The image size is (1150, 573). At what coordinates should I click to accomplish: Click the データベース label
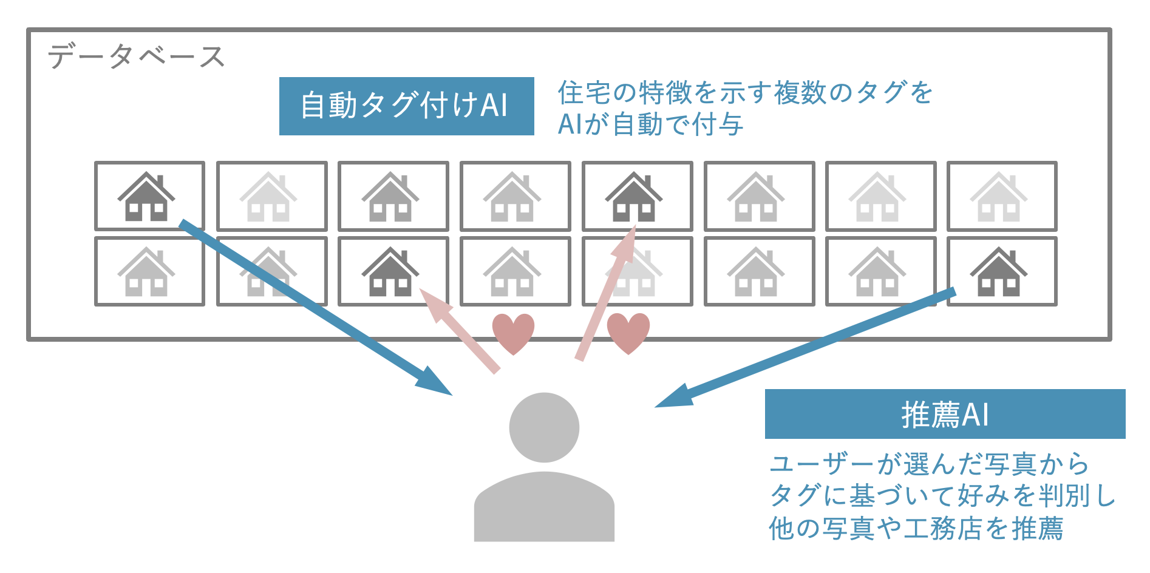coord(136,56)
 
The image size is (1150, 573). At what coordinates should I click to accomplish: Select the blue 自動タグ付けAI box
coord(406,106)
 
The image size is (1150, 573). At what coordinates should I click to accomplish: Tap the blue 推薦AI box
coord(944,414)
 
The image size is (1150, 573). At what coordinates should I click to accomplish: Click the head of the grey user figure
coord(544,427)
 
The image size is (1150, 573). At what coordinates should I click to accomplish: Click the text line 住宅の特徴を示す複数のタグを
coord(744,93)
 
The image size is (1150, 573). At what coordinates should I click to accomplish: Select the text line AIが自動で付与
coord(650,124)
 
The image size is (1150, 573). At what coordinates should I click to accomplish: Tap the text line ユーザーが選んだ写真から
coord(929,464)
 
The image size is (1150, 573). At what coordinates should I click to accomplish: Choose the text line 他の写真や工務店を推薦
coord(916,528)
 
